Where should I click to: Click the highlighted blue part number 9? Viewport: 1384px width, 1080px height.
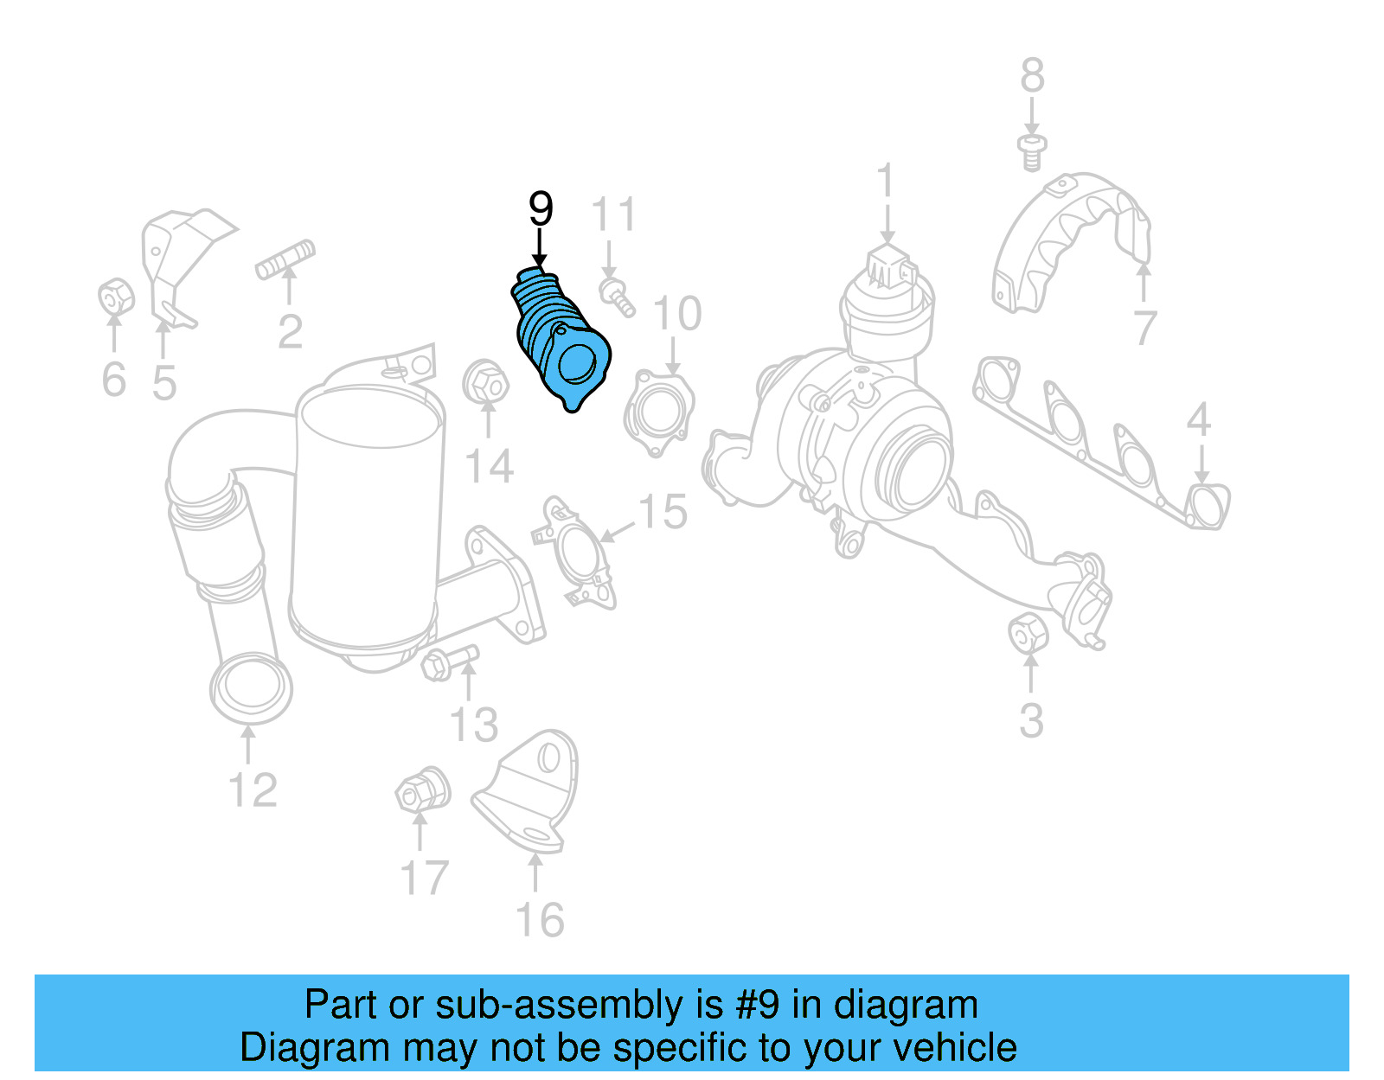(x=560, y=342)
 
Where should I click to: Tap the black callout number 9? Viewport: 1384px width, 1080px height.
(x=540, y=209)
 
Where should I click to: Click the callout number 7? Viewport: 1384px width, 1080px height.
(x=1144, y=329)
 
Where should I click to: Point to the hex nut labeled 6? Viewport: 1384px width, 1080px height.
(x=115, y=297)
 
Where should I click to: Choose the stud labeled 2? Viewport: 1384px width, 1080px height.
(x=285, y=258)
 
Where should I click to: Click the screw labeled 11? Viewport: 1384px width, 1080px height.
(x=617, y=296)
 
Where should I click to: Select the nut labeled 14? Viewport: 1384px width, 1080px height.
(x=484, y=382)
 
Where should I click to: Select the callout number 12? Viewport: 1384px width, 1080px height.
(x=253, y=790)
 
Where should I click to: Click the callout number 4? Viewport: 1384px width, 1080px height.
(x=1198, y=421)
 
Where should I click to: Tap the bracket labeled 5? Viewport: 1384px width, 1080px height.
(x=177, y=264)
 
